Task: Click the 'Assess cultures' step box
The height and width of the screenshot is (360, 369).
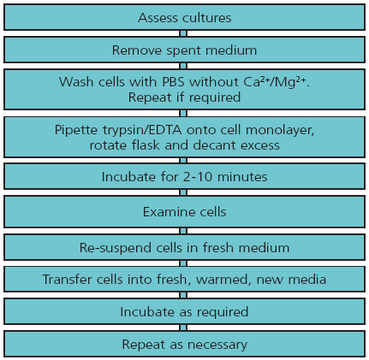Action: [x=184, y=18]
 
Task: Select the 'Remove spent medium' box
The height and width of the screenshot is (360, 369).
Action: [x=184, y=50]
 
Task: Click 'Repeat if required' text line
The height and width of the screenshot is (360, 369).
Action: [x=184, y=97]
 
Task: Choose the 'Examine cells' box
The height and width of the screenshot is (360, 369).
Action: [x=184, y=210]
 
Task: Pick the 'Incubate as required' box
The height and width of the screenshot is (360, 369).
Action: [x=184, y=312]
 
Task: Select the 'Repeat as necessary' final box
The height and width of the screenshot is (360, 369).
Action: [x=184, y=345]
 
